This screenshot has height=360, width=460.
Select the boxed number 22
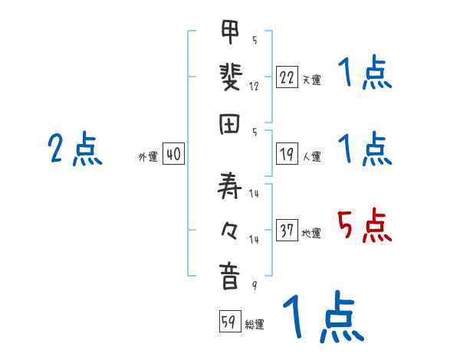pyautogui.click(x=287, y=77)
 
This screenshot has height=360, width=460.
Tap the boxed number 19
pyautogui.click(x=287, y=155)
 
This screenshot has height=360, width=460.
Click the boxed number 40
pyautogui.click(x=173, y=155)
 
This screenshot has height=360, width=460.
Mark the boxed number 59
pyautogui.click(x=228, y=322)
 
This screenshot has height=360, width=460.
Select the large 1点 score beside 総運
pyautogui.click(x=322, y=319)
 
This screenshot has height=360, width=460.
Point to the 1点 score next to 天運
pyautogui.click(x=365, y=74)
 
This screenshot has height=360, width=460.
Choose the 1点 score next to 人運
pyautogui.click(x=365, y=149)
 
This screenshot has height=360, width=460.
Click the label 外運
pyautogui.click(x=147, y=157)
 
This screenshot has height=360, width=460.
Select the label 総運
pyautogui.click(x=254, y=325)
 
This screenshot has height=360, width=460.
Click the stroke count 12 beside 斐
pyautogui.click(x=254, y=87)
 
